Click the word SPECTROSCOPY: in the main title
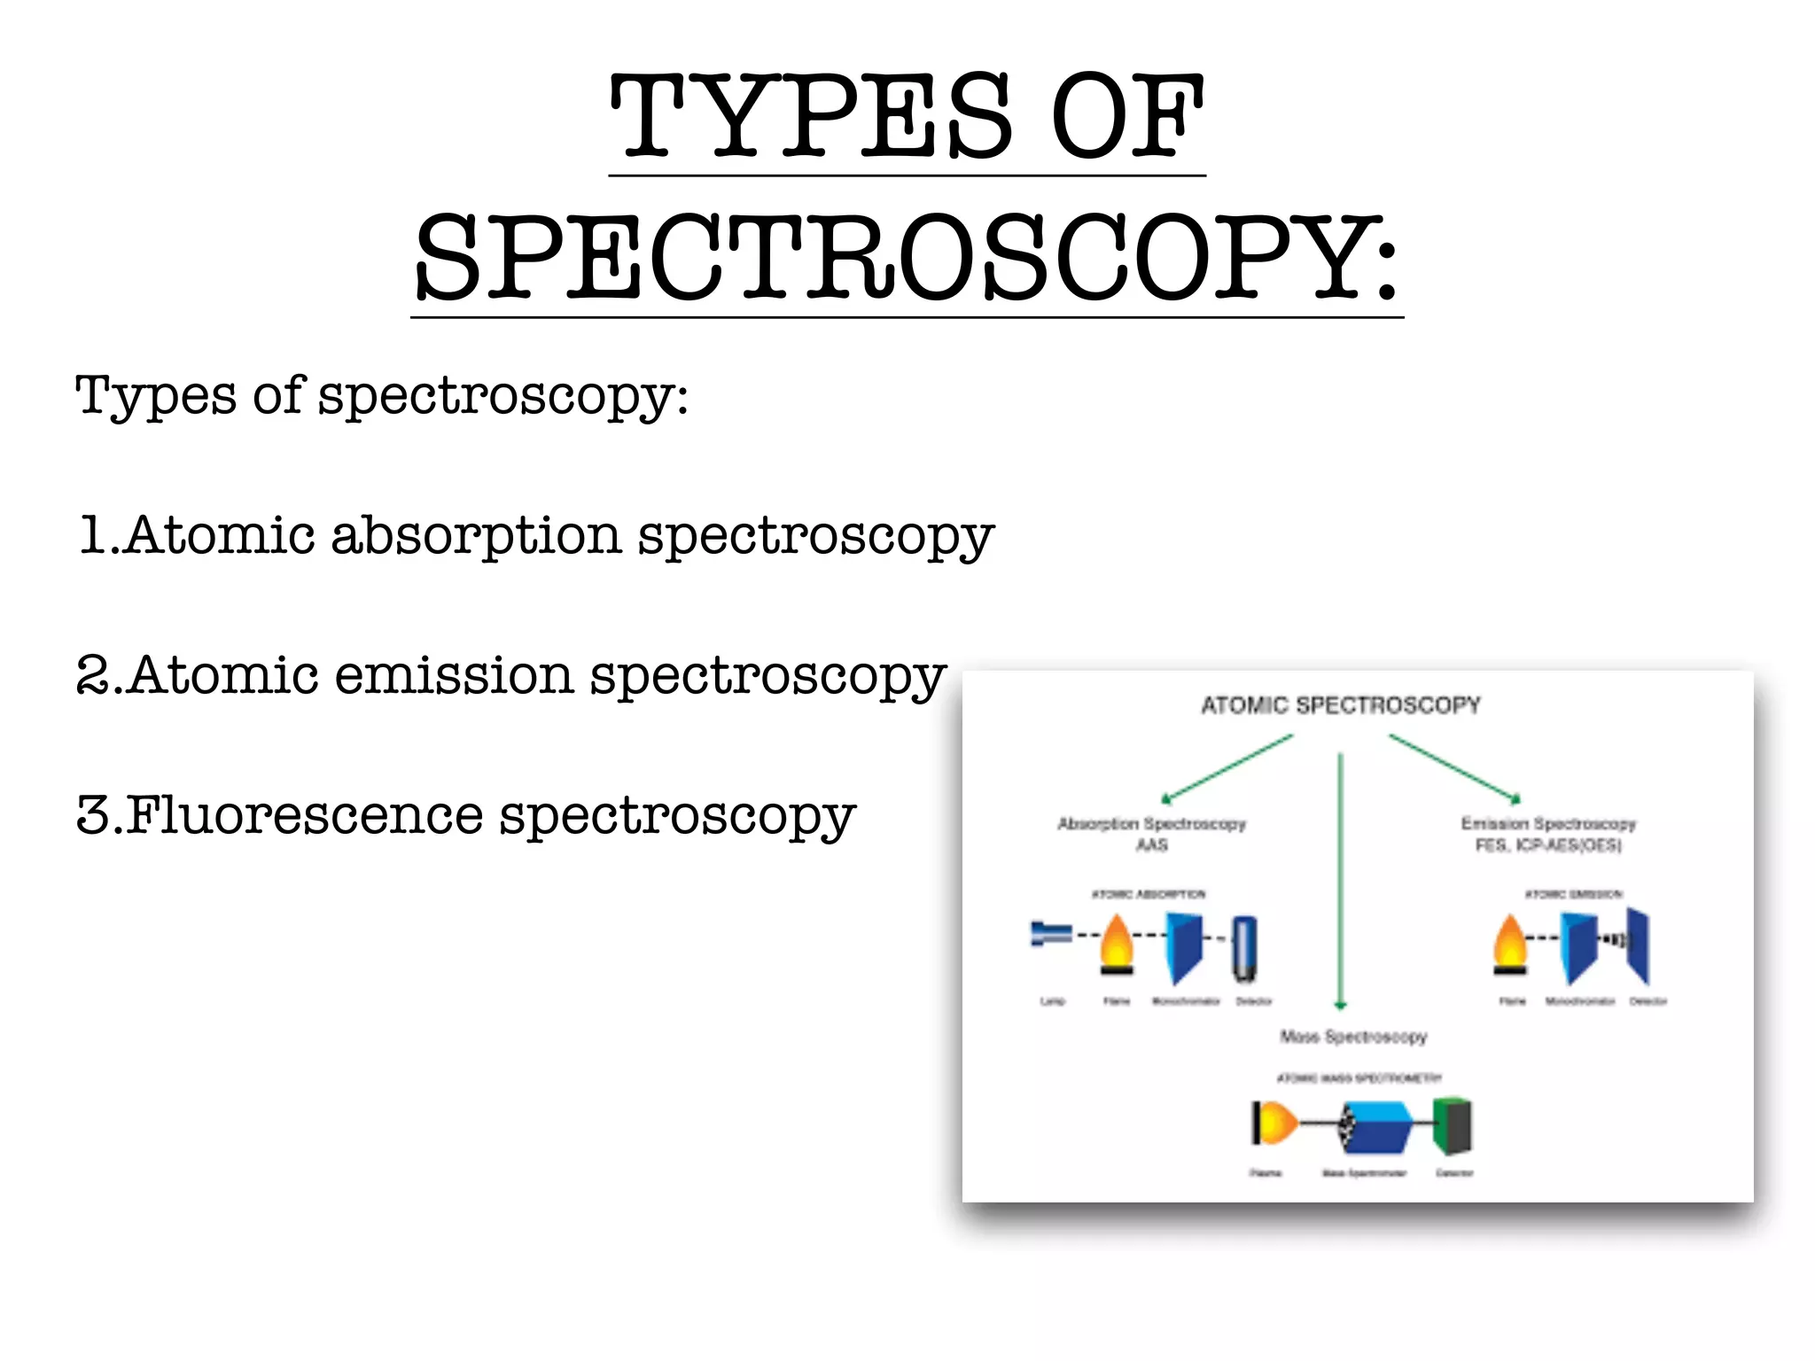(x=906, y=259)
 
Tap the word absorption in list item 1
(x=476, y=536)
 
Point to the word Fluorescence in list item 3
(x=305, y=816)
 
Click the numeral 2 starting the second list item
(x=93, y=676)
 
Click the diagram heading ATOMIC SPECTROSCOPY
(x=1340, y=705)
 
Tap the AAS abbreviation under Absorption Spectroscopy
(x=1152, y=845)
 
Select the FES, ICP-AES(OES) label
(x=1547, y=845)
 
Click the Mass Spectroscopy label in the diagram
(x=1353, y=1037)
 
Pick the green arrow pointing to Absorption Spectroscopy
(x=1227, y=768)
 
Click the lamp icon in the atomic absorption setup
(x=1051, y=934)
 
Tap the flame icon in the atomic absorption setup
(x=1117, y=945)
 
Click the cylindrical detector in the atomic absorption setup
(x=1244, y=948)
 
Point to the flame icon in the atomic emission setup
(x=1510, y=945)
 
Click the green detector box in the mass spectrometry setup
(x=1453, y=1126)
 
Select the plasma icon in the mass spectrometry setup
(x=1274, y=1124)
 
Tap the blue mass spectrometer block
(x=1377, y=1127)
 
